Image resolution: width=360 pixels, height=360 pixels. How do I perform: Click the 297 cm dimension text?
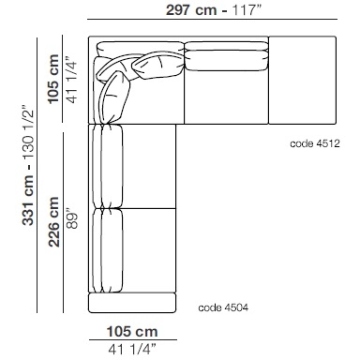[191, 10]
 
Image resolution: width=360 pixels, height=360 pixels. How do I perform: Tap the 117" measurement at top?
[246, 10]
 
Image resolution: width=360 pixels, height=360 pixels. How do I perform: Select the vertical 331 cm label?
[28, 201]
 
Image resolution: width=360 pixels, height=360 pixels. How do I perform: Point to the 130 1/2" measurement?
[28, 134]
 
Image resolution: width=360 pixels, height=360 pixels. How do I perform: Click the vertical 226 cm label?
[53, 222]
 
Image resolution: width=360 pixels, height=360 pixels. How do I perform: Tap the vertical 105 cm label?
[53, 79]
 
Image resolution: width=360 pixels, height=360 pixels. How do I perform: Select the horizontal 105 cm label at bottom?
[132, 332]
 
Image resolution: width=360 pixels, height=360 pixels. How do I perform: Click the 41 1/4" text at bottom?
[132, 349]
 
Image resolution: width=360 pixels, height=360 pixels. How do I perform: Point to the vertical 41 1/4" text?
[71, 80]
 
